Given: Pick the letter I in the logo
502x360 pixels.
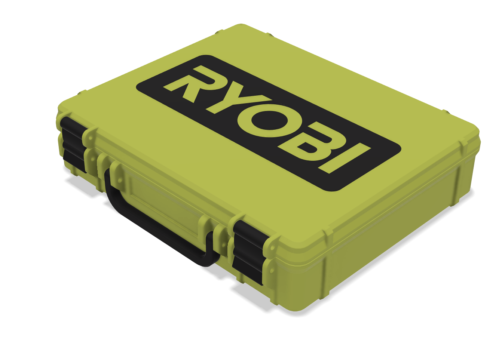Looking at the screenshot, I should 344,159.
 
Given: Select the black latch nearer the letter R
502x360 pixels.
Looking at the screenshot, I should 73,144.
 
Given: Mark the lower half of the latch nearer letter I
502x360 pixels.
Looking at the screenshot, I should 247,267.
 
